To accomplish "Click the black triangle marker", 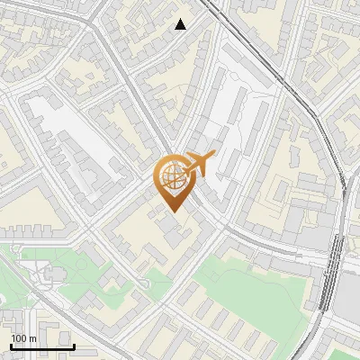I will point(181,24).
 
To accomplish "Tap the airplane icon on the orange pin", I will point(199,164).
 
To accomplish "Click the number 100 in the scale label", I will point(19,338).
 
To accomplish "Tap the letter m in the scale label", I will point(32,338).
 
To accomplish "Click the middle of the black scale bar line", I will point(41,346).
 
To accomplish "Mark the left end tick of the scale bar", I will point(10,346).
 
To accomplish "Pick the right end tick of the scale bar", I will point(74,346).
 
